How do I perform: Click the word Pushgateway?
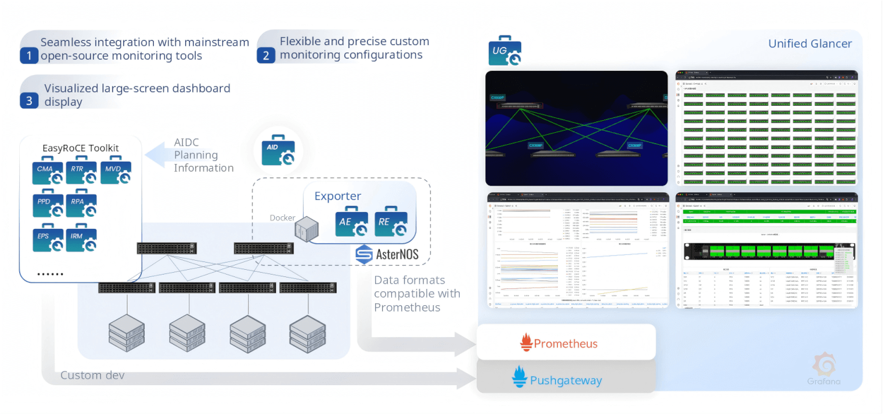tap(566, 380)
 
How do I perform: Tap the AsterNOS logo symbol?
tap(364, 254)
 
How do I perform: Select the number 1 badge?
tap(29, 56)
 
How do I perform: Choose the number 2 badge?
tap(266, 55)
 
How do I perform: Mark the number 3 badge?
tap(29, 100)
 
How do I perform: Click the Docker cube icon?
tap(307, 230)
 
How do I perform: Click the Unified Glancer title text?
tap(810, 44)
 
